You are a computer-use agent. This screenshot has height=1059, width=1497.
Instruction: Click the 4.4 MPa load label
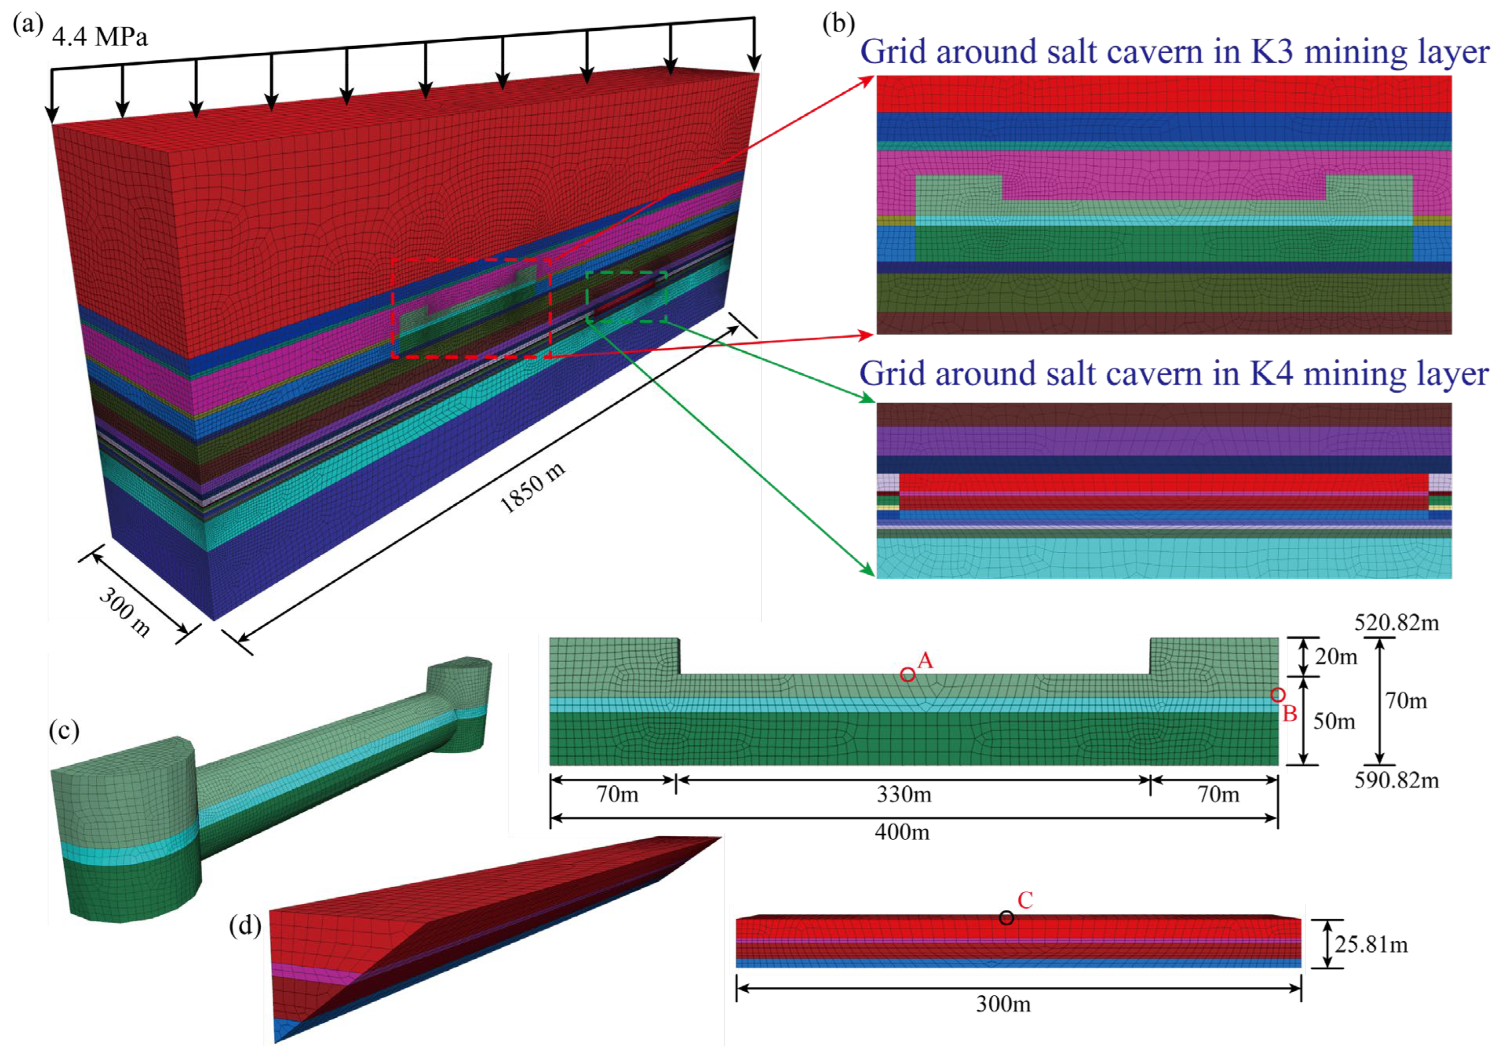[x=100, y=37]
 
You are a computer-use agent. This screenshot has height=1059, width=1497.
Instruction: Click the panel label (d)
[x=245, y=925]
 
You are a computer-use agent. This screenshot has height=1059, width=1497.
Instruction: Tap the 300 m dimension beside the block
[x=125, y=611]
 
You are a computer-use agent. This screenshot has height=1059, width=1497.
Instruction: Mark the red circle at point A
[x=907, y=675]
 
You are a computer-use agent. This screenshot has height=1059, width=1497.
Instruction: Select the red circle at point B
[x=1278, y=695]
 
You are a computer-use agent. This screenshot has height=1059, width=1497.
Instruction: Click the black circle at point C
[x=1007, y=918]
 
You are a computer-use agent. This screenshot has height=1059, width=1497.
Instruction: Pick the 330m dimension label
[x=903, y=794]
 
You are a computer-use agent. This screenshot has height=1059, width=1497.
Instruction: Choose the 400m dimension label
[x=903, y=832]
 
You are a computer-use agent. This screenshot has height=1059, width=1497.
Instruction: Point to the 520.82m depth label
[x=1396, y=623]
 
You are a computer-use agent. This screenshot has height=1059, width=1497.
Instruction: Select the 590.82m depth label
[x=1396, y=780]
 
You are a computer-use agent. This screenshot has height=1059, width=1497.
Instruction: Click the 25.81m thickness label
[x=1371, y=944]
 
